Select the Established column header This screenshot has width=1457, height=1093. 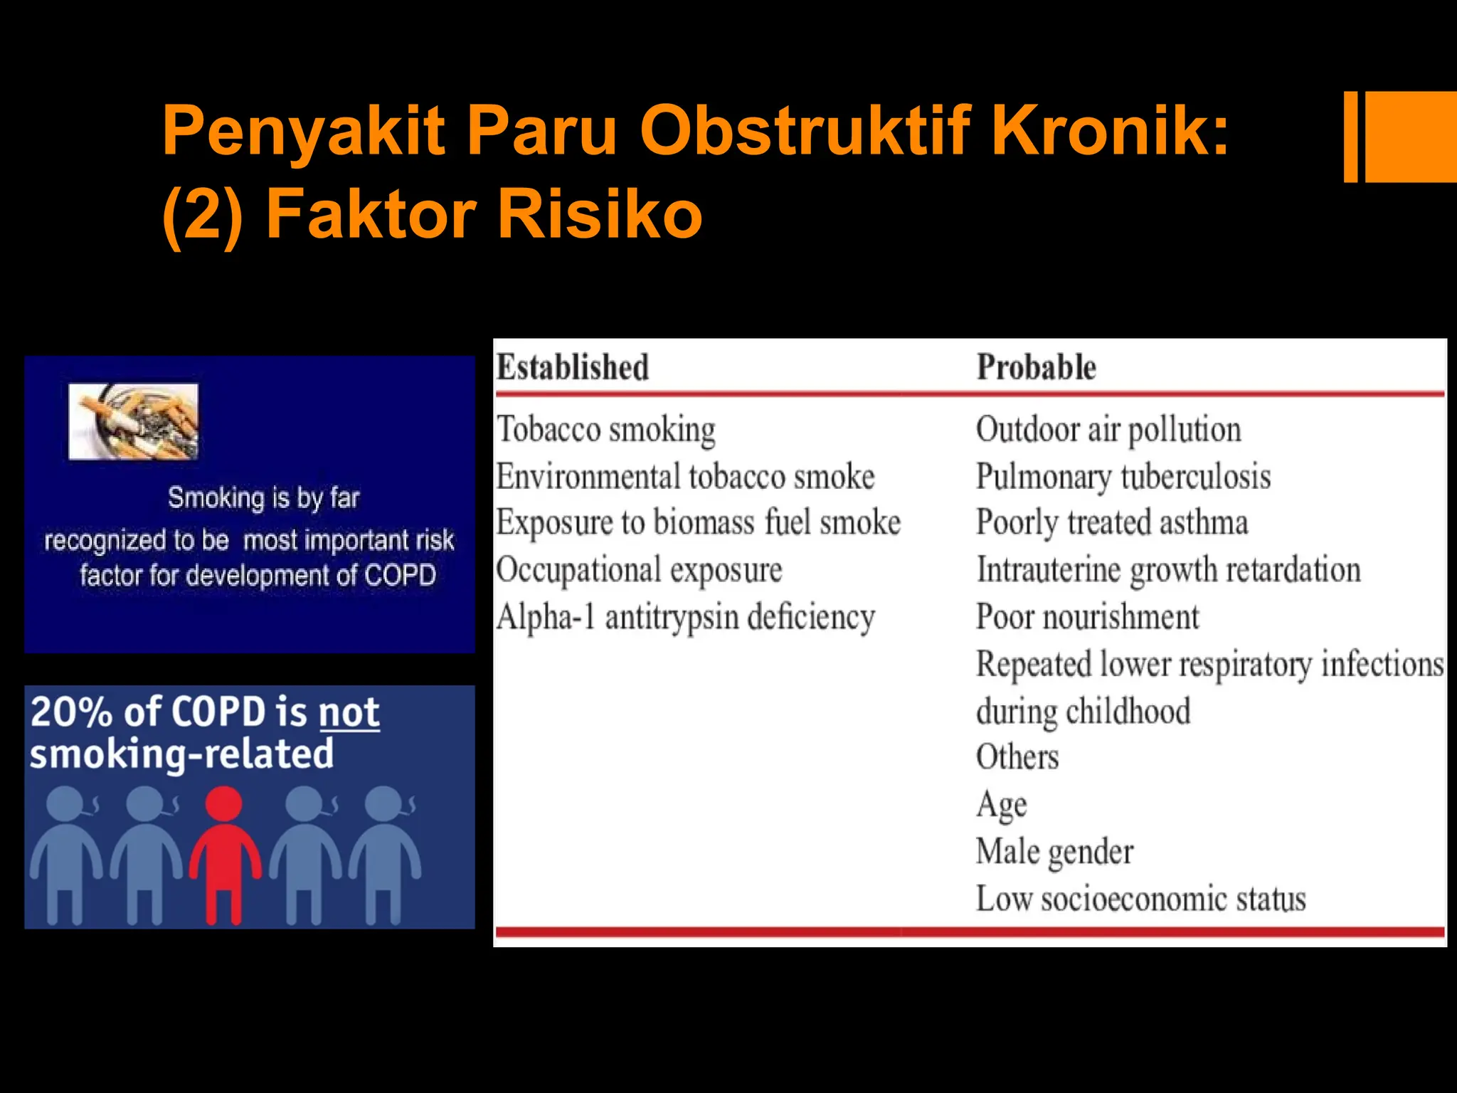coord(573,368)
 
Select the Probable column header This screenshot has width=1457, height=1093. coord(1036,368)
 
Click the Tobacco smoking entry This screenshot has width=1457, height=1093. coord(606,430)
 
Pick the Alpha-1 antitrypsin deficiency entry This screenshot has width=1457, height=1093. coord(686,618)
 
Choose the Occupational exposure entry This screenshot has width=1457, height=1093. coord(639,571)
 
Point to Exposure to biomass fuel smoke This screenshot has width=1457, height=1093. coord(698,523)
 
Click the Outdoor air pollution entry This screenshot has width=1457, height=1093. coord(1108,430)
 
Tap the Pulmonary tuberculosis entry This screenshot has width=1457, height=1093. coord(1123,477)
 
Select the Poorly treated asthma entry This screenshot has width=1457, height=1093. coord(1112,523)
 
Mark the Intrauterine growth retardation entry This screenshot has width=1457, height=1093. coord(1168,571)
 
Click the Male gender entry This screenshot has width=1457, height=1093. coord(1054,852)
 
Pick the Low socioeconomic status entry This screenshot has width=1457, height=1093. coord(1140,899)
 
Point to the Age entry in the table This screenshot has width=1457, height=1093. coord(1001,805)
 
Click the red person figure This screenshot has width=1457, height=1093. coord(224,854)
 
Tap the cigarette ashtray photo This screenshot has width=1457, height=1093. coord(133,421)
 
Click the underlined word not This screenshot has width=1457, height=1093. coord(349,712)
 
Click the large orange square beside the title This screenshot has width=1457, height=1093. coord(1411,137)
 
